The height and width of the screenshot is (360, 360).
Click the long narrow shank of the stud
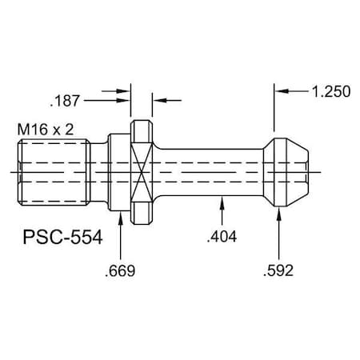pos(208,171)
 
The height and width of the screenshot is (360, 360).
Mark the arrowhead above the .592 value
pos(278,216)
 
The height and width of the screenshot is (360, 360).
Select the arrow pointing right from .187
pos(124,101)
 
